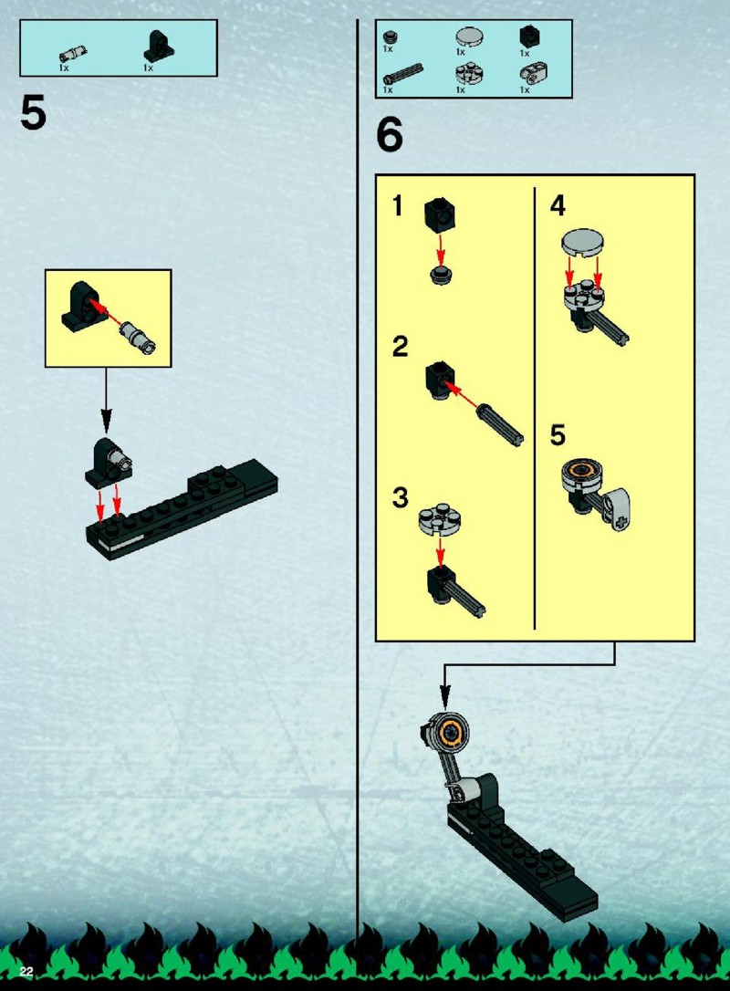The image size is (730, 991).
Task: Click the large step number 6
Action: pos(390,135)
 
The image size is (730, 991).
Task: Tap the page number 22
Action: pos(26,972)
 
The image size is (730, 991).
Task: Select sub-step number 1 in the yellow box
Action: pos(398,206)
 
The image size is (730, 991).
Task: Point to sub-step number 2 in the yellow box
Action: pos(400,347)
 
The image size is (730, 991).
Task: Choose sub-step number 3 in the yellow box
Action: pos(400,497)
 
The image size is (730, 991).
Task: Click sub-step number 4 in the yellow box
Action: pos(558,206)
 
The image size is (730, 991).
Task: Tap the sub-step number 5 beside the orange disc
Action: pos(558,435)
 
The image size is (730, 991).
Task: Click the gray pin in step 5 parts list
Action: pos(73,55)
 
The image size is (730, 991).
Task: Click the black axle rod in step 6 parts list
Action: pos(403,75)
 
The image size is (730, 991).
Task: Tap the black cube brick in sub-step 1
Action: pos(440,214)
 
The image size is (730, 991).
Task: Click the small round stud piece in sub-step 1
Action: pos(441,275)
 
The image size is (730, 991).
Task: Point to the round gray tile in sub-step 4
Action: pos(582,244)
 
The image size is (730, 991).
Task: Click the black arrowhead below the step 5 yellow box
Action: pos(106,422)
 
